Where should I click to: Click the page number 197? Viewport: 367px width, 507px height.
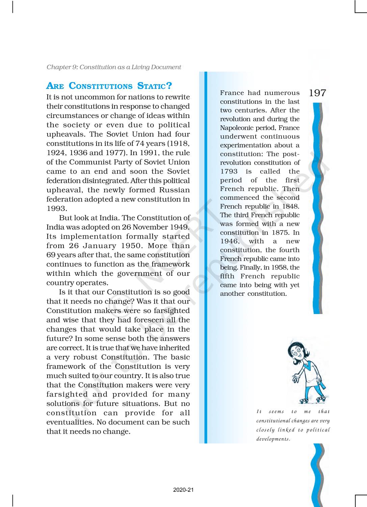point(317,93)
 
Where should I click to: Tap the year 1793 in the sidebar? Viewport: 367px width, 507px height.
point(229,171)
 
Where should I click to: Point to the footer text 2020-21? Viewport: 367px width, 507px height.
point(183,490)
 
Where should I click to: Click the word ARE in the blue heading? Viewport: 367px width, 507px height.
point(55,86)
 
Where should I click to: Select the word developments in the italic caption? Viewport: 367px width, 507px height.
point(273,439)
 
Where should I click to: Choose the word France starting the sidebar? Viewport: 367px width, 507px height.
point(231,93)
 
